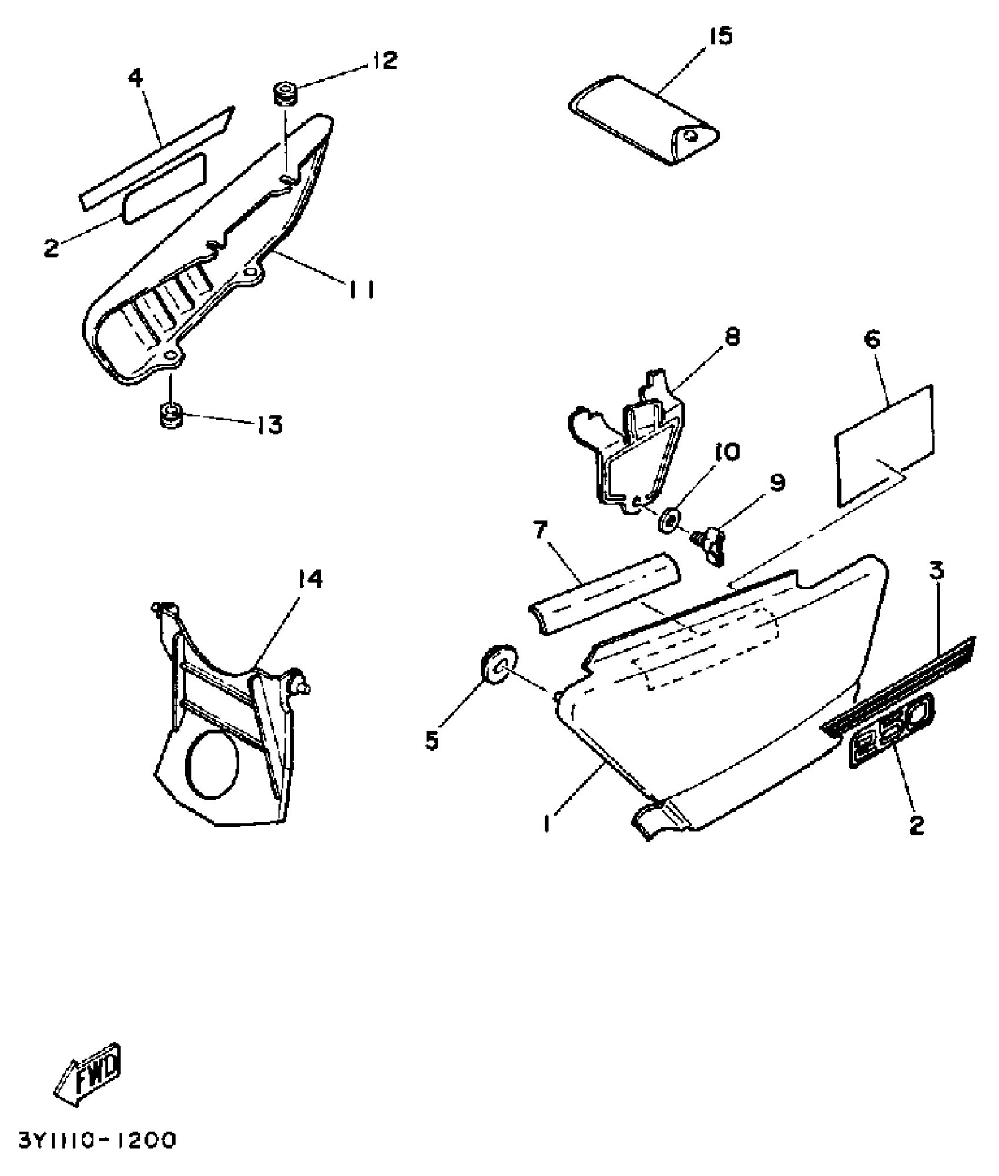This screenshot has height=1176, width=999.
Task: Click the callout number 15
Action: coord(721,36)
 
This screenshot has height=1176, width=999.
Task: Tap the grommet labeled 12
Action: coord(284,95)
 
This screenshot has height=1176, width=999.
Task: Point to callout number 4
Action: coord(136,76)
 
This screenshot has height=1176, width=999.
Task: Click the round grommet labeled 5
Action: coord(499,665)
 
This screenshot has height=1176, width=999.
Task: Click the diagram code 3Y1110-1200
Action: coord(98,1141)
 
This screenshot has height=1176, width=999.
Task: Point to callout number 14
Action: coord(310,580)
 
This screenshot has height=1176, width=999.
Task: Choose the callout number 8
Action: coord(733,337)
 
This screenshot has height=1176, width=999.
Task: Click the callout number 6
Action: coord(873,339)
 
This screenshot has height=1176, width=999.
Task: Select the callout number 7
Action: coord(541,532)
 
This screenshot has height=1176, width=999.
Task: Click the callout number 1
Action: coord(547,824)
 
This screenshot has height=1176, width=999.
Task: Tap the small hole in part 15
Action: coord(694,136)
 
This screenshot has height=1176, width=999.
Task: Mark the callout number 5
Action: coord(432,741)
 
